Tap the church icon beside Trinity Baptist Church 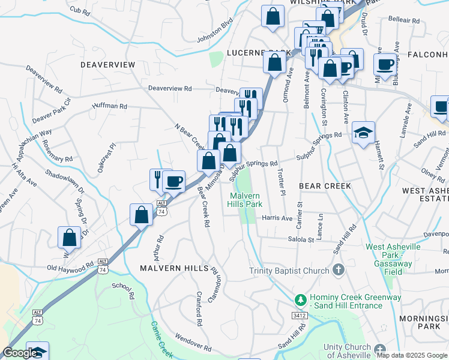click(x=339, y=270)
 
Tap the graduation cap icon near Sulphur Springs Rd click(x=363, y=133)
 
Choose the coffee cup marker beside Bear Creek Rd click(x=174, y=181)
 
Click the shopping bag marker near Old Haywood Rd click(x=70, y=236)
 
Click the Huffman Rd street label click(x=110, y=106)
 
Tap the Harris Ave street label click(x=277, y=218)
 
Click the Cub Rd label click(x=79, y=10)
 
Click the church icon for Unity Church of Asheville click(x=379, y=349)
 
